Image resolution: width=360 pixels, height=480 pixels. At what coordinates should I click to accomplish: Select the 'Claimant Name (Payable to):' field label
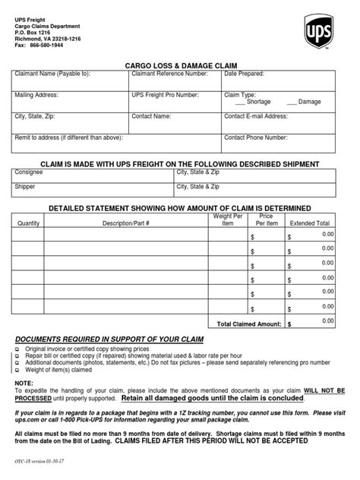52,74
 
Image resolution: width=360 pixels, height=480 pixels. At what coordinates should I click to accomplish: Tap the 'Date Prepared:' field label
244,74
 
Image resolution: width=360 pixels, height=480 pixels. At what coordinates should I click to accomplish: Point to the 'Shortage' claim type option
258,102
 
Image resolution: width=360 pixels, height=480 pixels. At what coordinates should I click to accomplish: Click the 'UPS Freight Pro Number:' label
165,95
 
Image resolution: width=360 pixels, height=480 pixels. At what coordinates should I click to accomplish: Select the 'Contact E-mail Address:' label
256,116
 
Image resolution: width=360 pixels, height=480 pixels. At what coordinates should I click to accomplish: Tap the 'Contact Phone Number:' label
256,137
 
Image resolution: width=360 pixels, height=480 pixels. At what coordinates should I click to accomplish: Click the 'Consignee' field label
29,172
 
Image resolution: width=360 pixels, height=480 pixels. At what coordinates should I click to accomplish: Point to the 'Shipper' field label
26,186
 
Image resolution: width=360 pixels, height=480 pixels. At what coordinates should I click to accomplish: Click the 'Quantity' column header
28,223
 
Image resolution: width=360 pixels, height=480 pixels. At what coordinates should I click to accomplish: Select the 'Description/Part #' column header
126,223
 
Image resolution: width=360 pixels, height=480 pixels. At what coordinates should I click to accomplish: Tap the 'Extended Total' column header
309,223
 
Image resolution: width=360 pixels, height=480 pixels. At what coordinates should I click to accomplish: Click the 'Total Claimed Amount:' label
248,324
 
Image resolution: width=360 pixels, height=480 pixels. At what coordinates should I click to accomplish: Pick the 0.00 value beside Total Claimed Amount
327,321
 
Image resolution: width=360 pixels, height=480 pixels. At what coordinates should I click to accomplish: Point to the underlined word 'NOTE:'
24,383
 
